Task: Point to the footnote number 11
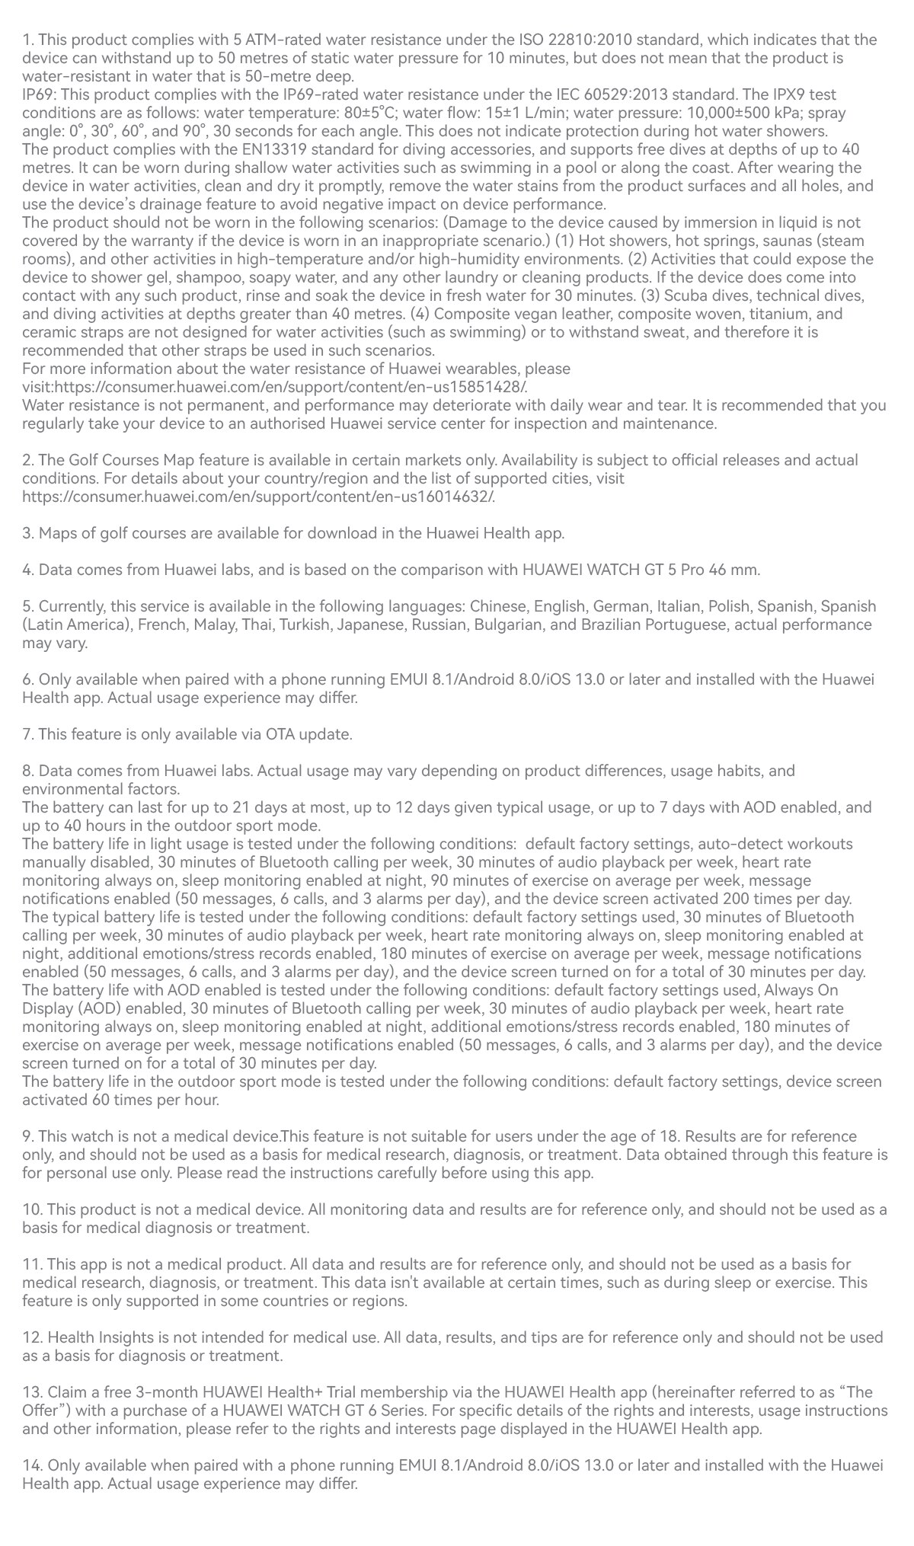pyautogui.click(x=31, y=1264)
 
